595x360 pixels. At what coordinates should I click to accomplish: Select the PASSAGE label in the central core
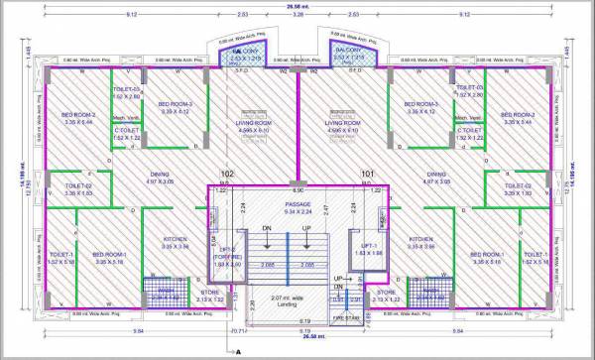click(x=297, y=204)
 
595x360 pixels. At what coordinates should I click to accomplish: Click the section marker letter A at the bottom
click(x=239, y=350)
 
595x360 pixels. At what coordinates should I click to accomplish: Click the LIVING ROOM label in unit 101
click(x=343, y=124)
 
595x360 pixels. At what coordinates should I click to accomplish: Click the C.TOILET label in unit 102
click(x=125, y=131)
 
